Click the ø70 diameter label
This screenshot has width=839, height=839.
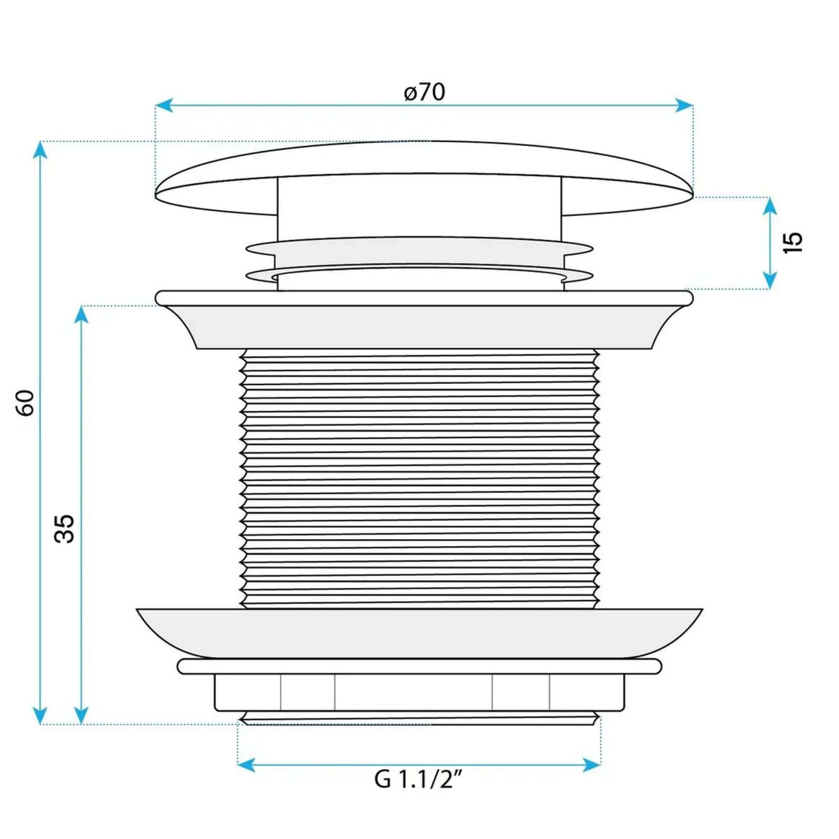[x=424, y=92]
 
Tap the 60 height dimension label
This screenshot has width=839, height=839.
[x=26, y=403]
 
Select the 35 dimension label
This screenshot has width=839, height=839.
[x=64, y=529]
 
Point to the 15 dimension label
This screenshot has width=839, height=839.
[x=792, y=243]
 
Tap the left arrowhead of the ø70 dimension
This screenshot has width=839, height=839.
[x=164, y=105]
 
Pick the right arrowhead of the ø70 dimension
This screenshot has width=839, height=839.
[x=684, y=105]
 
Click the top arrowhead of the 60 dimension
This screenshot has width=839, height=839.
[x=40, y=150]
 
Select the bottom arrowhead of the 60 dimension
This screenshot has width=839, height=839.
[x=40, y=715]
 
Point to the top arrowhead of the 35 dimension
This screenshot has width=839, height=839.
[x=81, y=315]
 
